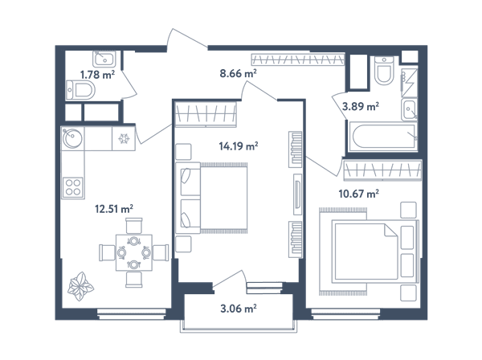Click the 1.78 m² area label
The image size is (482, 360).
[97, 75]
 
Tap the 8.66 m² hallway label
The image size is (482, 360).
[239, 73]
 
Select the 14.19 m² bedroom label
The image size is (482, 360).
[239, 145]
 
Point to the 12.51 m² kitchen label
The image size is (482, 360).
[114, 209]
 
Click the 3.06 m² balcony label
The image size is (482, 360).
[239, 308]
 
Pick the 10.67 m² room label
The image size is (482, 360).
[358, 194]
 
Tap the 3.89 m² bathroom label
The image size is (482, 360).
[360, 106]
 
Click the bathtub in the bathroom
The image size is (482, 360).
[382, 136]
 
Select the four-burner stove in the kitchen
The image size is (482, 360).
[73, 187]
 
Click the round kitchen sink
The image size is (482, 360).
[72, 138]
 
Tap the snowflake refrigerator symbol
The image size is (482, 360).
[124, 139]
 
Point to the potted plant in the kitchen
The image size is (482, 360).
[80, 286]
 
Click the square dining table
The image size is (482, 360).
[134, 252]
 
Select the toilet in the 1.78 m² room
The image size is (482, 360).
[80, 90]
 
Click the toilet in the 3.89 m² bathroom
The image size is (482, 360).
[384, 71]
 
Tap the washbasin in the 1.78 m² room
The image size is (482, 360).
[104, 59]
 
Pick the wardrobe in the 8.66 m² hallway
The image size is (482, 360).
[297, 59]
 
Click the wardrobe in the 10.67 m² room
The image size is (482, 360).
[382, 170]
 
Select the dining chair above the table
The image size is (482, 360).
[134, 226]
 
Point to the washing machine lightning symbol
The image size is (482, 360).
[409, 82]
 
